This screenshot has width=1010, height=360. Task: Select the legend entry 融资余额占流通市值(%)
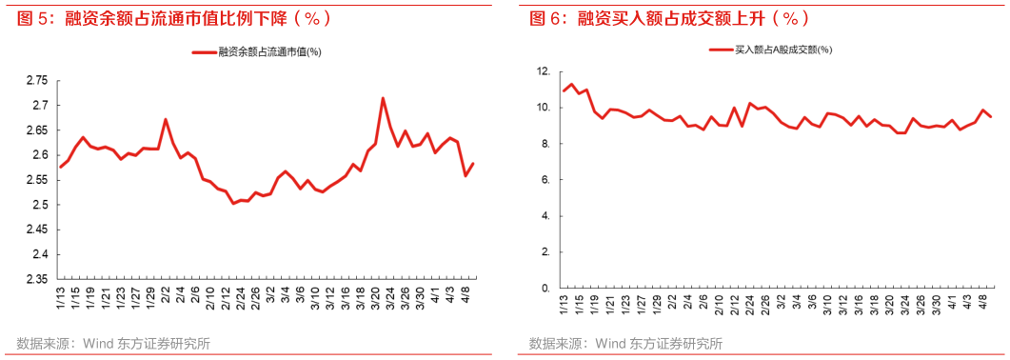[x=256, y=52]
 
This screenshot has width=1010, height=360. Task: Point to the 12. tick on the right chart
[x=544, y=71]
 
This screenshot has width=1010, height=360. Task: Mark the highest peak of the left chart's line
[x=383, y=97]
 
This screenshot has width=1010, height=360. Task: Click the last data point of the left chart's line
[x=473, y=163]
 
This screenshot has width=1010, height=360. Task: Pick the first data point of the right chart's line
[x=563, y=91]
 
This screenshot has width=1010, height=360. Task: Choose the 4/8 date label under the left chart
[x=468, y=306]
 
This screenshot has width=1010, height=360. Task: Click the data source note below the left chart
[x=113, y=345]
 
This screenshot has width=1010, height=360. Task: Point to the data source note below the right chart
[x=625, y=345]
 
